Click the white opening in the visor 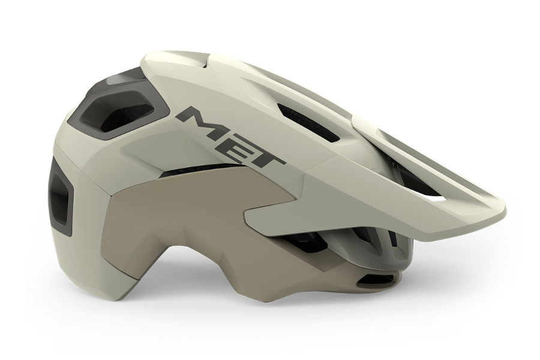pyautogui.click(x=437, y=199)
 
